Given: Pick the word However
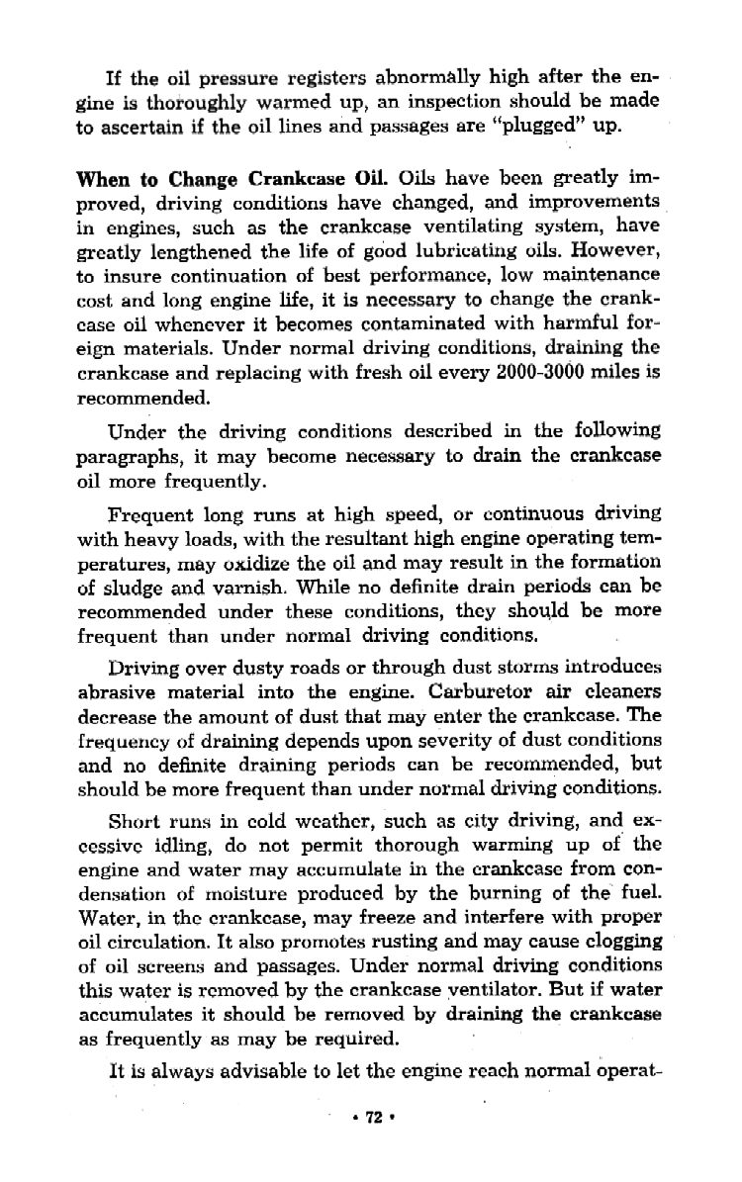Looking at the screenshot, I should pyautogui.click(x=613, y=252).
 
